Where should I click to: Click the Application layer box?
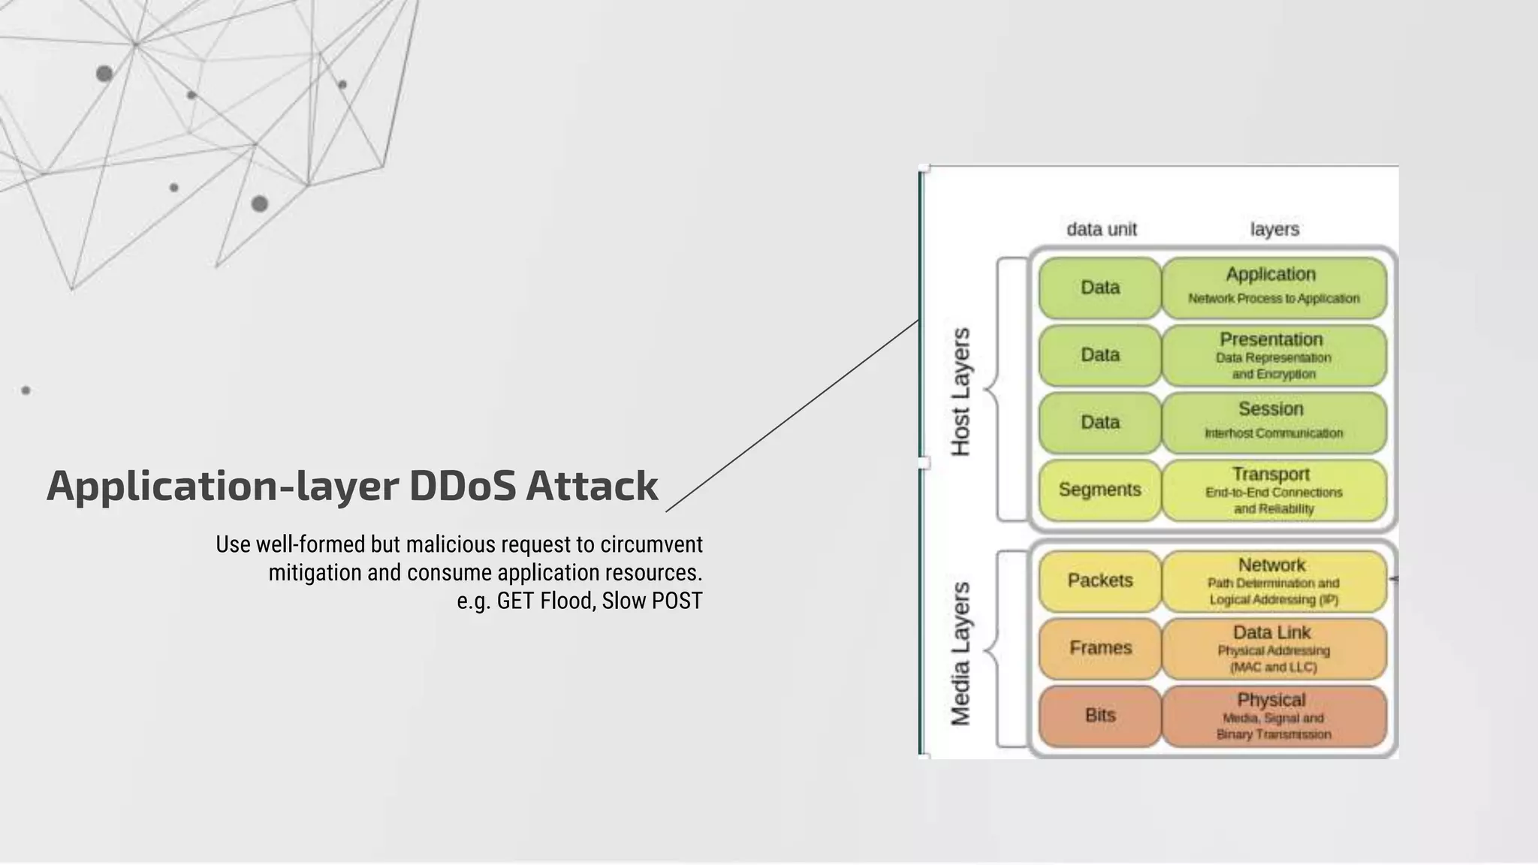[1273, 287]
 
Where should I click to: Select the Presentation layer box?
[1273, 355]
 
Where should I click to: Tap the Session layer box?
[1273, 422]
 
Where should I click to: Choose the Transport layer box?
[1273, 490]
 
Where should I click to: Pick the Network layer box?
[1273, 581]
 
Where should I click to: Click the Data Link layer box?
[1273, 649]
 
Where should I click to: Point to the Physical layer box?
[1273, 716]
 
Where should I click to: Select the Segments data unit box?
[1099, 490]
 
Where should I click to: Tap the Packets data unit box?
[1099, 580]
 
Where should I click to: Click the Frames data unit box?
[1099, 648]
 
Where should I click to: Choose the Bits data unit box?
[1099, 716]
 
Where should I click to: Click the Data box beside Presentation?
[1099, 354]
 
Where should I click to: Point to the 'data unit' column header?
[1102, 229]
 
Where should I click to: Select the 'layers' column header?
[1274, 229]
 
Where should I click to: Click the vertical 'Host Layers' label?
[960, 391]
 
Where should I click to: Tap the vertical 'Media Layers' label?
[960, 653]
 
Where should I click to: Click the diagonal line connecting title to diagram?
[792, 415]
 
